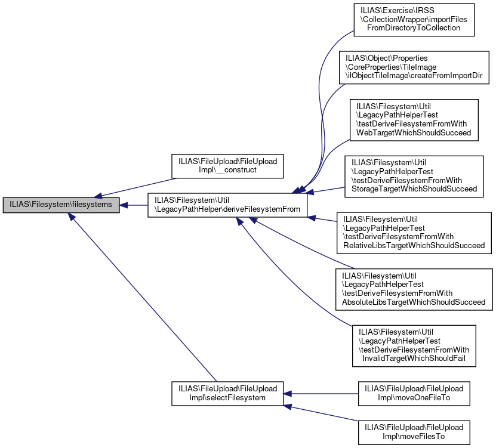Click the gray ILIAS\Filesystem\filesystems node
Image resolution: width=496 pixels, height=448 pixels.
coord(61,205)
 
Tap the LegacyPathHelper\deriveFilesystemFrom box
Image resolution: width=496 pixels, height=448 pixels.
coord(227,205)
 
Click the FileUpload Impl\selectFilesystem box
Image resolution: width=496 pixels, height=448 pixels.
coord(227,393)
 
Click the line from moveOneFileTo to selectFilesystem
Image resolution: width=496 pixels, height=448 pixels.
coord(322,393)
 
